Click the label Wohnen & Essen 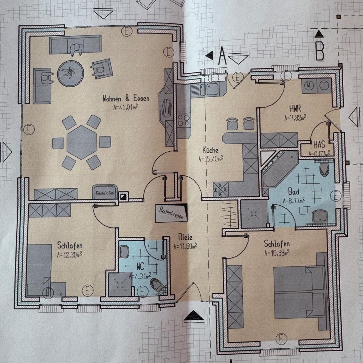[x=126, y=99]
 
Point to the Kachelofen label [x=105, y=192]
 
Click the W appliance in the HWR [x=309, y=86]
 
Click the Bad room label [x=293, y=190]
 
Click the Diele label [x=185, y=237]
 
